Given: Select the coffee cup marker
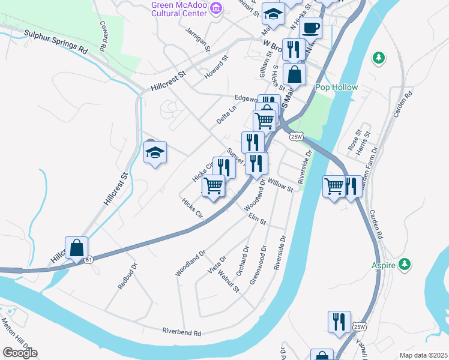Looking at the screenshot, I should coord(311,28).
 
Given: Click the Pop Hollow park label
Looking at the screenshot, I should coord(336,88).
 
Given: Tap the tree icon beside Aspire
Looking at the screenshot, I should coord(406,263).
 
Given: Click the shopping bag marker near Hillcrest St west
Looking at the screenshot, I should coord(77,248).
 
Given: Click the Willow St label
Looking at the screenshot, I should coord(280,185).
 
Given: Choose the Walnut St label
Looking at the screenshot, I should coord(229,281).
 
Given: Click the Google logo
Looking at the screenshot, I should coord(20,353).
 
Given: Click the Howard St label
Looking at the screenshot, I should coord(217,68).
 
